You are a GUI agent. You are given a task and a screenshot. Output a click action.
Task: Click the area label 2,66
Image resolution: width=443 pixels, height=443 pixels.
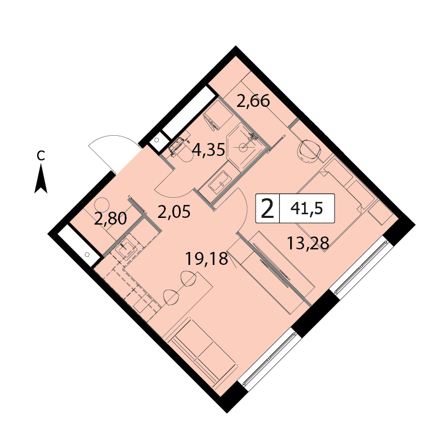[253, 101]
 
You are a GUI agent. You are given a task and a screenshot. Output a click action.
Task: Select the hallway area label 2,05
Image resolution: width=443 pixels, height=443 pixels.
[174, 212]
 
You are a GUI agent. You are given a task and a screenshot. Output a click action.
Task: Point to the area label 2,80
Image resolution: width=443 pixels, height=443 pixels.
[110, 218]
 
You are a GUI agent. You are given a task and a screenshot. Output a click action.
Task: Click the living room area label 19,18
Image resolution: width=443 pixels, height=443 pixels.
[206, 259]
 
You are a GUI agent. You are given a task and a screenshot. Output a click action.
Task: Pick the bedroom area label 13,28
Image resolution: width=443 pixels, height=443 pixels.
[308, 243]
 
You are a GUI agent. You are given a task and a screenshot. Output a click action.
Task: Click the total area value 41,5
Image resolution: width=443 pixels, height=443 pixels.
[307, 209]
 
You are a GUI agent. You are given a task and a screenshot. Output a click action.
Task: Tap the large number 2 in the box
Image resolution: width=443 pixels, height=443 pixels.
[267, 209]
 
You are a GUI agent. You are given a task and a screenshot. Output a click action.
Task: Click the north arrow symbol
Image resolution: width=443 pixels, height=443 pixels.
[41, 179]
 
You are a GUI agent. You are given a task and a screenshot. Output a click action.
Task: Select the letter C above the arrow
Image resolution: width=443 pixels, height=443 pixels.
[41, 155]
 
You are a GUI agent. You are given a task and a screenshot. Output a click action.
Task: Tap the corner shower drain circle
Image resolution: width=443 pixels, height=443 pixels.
[242, 147]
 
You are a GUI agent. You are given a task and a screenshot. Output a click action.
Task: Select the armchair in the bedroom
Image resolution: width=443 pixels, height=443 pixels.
[309, 151]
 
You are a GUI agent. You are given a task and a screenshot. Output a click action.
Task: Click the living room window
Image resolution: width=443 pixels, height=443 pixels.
[268, 359]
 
